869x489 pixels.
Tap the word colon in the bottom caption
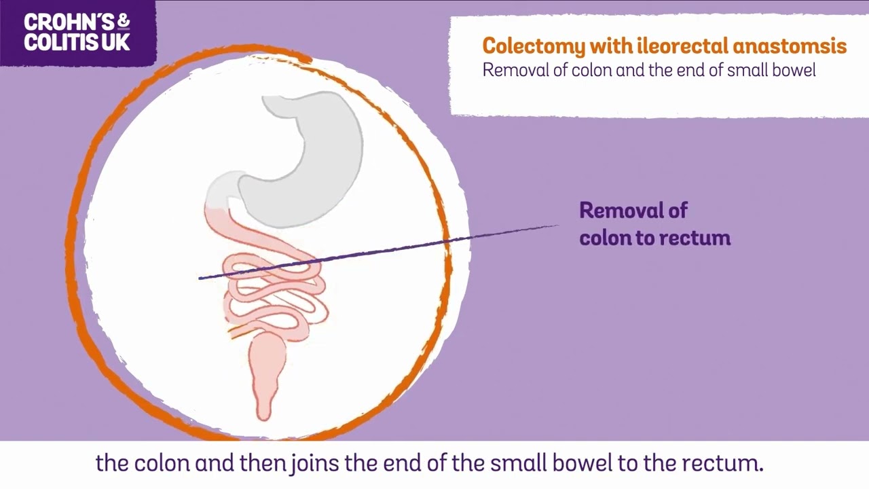163,463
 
